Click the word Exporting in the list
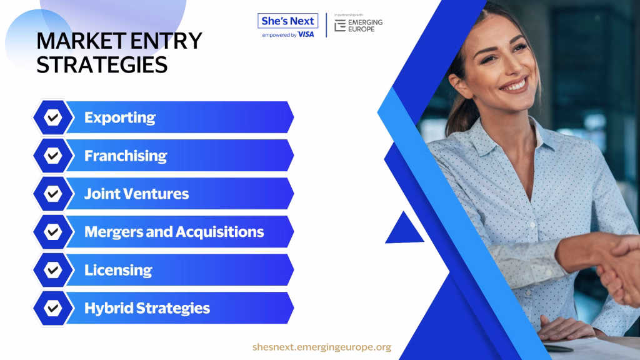coord(119,118)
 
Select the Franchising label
coord(125,156)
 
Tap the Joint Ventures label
coord(136,194)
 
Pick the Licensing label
coord(118,270)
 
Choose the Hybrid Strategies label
coord(147,308)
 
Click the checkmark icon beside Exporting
coord(52,117)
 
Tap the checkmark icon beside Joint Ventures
coord(52,194)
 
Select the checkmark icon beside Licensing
coord(52,270)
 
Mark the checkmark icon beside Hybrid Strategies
coord(52,308)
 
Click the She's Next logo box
coord(287,21)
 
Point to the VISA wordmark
coord(306,35)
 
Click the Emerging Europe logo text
coord(365,26)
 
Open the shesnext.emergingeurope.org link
coord(322,347)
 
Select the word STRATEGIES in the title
coord(102,65)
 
